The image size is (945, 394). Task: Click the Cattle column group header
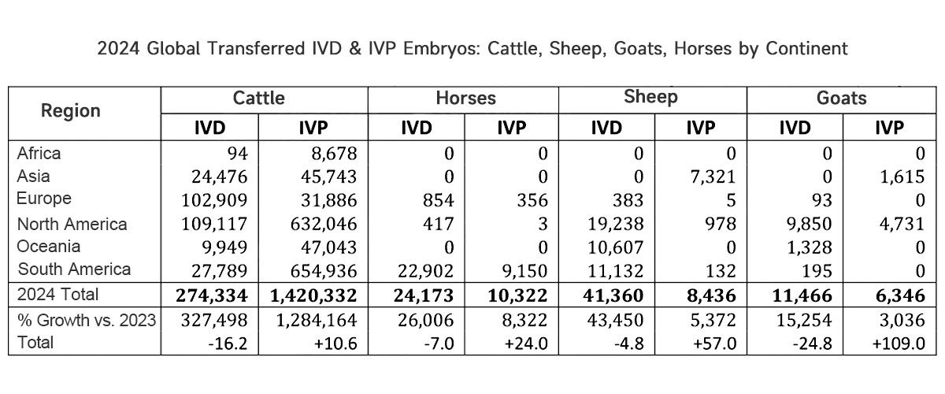point(258,98)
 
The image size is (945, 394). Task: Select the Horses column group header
point(466,98)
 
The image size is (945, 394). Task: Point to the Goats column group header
point(841,98)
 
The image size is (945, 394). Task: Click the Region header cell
point(71,110)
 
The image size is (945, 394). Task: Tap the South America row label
point(75,269)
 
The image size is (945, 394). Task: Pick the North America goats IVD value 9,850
point(808,224)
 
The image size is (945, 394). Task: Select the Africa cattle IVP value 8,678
point(334,154)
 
